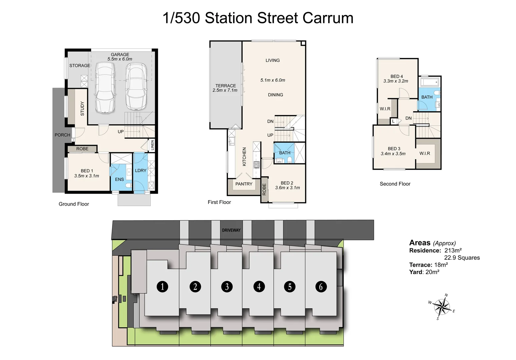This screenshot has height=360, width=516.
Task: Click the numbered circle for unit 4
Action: [x=259, y=286]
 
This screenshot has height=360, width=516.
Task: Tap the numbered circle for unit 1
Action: [x=162, y=286]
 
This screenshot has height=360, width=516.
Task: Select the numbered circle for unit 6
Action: [x=321, y=286]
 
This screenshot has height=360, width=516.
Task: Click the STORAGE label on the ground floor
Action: [x=80, y=66]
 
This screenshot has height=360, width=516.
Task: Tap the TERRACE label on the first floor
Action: [x=225, y=86]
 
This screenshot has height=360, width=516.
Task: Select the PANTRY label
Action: [x=244, y=184]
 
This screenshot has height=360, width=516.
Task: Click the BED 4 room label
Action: [x=397, y=76]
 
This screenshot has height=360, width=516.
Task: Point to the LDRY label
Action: [x=141, y=170]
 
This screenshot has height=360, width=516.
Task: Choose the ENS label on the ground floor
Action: [x=119, y=179]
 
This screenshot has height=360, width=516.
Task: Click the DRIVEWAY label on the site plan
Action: [x=231, y=230]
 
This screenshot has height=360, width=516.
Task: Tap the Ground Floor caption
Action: [x=74, y=204]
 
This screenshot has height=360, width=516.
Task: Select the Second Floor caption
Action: [x=395, y=184]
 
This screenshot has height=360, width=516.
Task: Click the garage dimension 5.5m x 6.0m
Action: [x=120, y=59]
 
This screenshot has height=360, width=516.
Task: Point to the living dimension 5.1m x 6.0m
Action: [x=273, y=80]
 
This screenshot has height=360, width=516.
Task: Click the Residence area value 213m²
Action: [x=453, y=250]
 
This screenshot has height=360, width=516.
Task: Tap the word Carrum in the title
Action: [x=328, y=18]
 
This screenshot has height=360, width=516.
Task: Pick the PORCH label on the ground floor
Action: [x=62, y=135]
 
